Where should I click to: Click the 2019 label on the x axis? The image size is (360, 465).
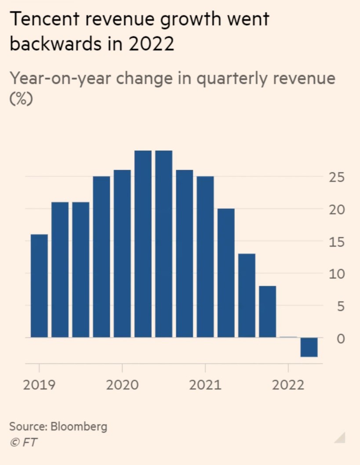pos(39,385)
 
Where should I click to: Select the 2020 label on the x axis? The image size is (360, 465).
pos(122,385)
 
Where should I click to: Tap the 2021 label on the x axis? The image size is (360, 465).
pos(205,385)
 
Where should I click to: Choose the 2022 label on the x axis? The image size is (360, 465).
pos(288,385)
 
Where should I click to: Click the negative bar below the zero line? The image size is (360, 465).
pos(309,347)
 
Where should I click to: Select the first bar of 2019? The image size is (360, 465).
pos(39,286)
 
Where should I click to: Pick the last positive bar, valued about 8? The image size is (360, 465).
pos(267,312)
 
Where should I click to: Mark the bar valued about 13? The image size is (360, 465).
pos(247,295)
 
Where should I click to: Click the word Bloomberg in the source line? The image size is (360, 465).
pos(79,426)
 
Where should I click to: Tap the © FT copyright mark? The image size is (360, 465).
pos(23,442)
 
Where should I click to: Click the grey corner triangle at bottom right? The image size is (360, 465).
pos(340,438)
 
